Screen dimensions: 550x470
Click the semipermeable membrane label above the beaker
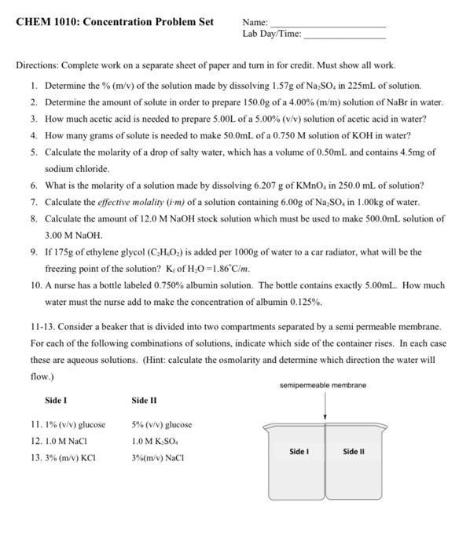322,385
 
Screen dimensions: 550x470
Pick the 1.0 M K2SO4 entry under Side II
158,442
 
